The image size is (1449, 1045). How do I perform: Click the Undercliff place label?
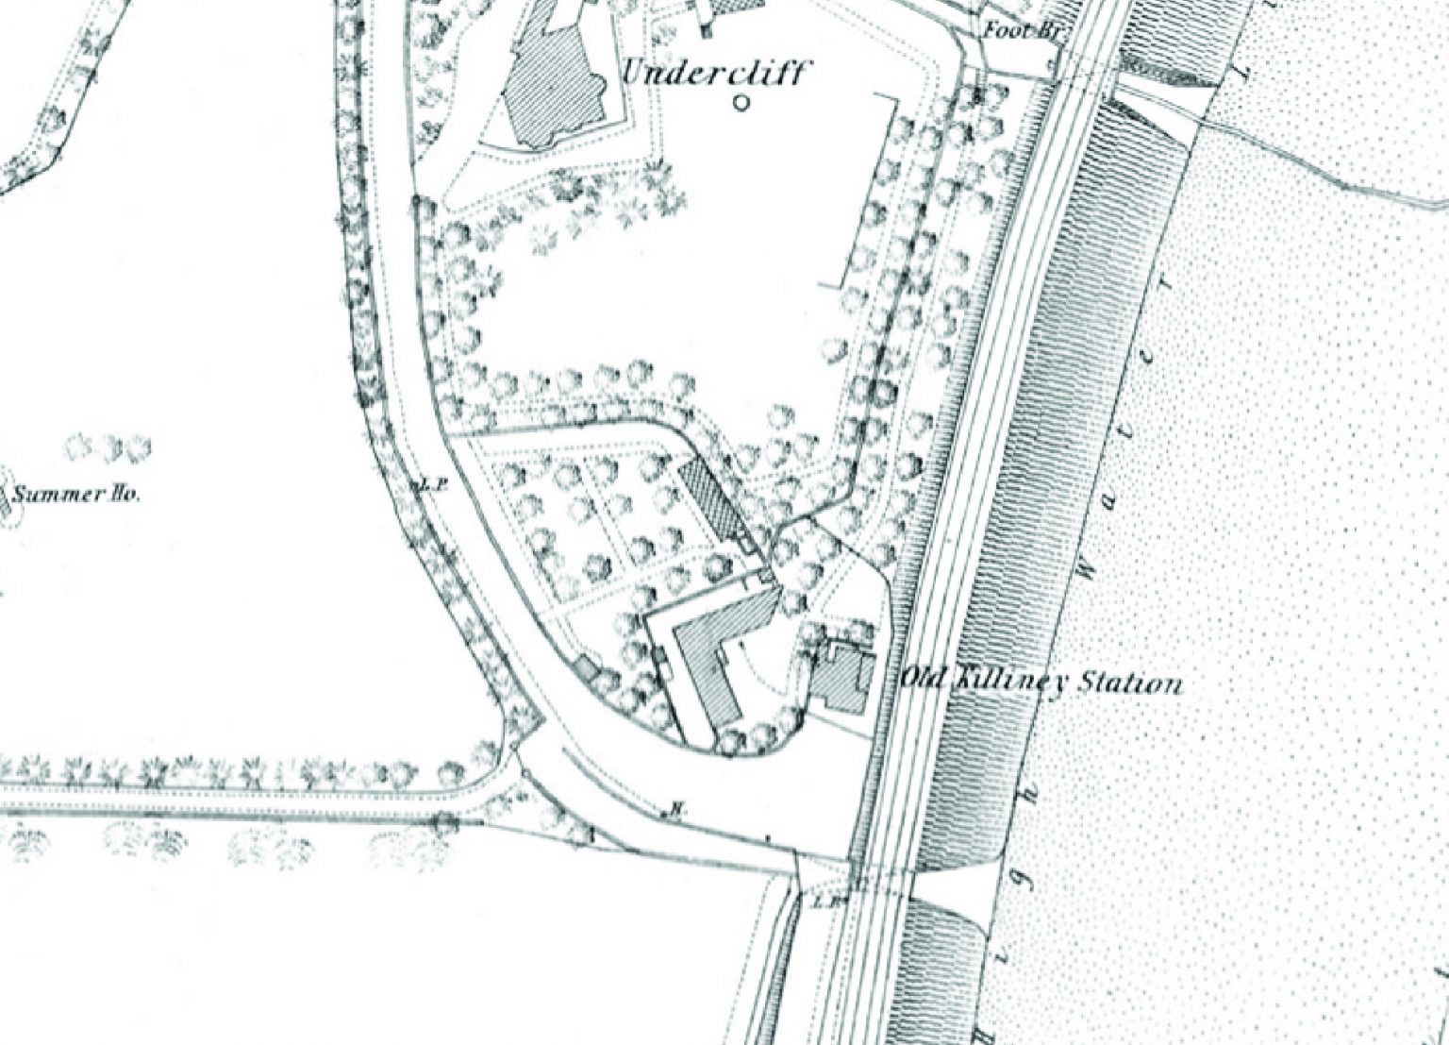click(713, 72)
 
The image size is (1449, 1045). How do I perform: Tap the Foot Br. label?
click(1022, 31)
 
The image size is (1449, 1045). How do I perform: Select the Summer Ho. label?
click(75, 494)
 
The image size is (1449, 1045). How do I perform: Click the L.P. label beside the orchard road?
click(431, 485)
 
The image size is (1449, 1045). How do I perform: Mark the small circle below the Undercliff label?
click(741, 102)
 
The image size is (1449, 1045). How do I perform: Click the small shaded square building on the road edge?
click(586, 667)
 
